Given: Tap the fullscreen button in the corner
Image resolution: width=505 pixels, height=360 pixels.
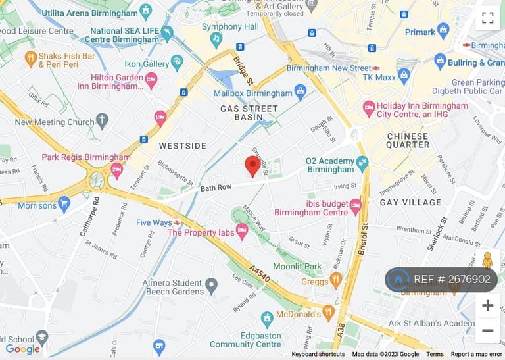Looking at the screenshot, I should pos(487,18).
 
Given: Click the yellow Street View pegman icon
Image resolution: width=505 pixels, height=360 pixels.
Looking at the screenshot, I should pos(487,261).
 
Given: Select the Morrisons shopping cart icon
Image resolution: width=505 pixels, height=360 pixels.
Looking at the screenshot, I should pos(64,205).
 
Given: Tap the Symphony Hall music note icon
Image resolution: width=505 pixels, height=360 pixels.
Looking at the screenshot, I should pos(216,38).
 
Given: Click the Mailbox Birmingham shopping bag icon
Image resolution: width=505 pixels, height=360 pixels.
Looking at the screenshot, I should pos(301,91).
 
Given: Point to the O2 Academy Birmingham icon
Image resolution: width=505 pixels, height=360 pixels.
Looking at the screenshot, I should pos(362,162).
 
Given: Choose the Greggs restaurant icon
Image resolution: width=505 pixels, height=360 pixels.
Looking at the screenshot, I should pos(336,281).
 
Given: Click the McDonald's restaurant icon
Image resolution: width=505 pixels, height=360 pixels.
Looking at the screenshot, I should pos(329,311).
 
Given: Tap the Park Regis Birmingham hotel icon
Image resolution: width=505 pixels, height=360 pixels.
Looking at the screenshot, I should pos(117,169).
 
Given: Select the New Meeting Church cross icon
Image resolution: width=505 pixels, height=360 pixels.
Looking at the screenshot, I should pos(101,120).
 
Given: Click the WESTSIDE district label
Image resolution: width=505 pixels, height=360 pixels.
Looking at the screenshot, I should pos(182,146).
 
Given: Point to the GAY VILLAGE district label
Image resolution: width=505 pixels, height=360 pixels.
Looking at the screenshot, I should pos(410,202).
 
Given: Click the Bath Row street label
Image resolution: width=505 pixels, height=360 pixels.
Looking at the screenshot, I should pos(217,188).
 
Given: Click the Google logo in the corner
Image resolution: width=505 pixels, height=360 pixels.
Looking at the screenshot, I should pos(22,349).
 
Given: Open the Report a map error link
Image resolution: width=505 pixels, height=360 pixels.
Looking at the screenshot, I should pos(477,354).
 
